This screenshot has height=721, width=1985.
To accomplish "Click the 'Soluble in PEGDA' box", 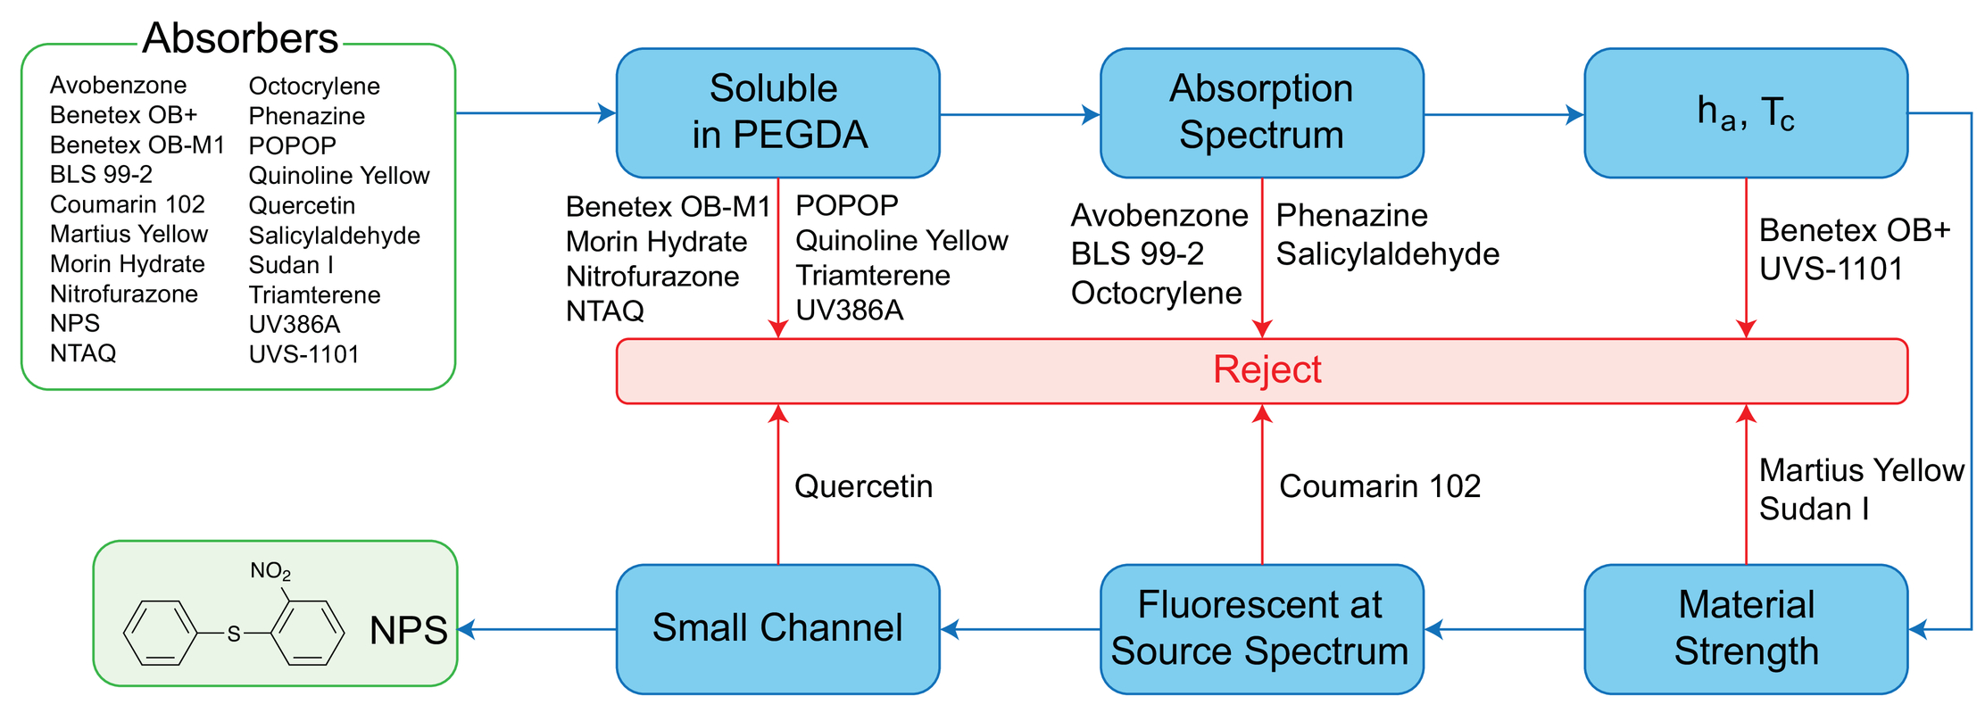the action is [x=777, y=113].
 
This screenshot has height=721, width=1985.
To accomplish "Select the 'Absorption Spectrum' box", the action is [x=1261, y=113].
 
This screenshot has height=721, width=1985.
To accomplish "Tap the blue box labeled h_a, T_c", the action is [x=1746, y=113].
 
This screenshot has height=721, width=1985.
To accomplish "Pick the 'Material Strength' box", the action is [x=1746, y=629].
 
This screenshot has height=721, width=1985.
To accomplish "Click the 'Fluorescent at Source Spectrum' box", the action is [x=1261, y=629].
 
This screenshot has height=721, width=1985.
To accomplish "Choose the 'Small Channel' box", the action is [x=777, y=629].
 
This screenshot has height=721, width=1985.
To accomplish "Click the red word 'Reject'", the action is [x=1267, y=369].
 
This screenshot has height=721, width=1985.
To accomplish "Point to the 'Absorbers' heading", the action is [x=240, y=38].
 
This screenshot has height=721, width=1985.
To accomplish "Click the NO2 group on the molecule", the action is [x=270, y=571].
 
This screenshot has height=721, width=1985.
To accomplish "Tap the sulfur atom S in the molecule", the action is [x=234, y=634].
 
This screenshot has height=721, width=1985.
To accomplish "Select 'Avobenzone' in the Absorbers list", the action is [x=119, y=85].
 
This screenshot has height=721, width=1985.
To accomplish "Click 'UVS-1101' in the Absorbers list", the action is [x=303, y=354].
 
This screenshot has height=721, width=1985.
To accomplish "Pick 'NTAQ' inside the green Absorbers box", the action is [x=83, y=353].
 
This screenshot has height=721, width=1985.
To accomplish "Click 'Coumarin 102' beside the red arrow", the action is [x=1380, y=486].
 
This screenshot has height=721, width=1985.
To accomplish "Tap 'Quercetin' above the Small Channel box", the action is [x=863, y=486].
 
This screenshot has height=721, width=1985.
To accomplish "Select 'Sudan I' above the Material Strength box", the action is [x=1814, y=509].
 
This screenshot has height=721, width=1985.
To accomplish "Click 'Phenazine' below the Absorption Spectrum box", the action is [x=1351, y=215].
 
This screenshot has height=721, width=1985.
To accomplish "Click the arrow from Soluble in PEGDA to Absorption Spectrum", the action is [x=1020, y=114].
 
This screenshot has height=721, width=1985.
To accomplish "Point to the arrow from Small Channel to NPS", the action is [x=537, y=629].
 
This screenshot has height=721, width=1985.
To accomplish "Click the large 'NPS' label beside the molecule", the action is [x=409, y=631].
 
